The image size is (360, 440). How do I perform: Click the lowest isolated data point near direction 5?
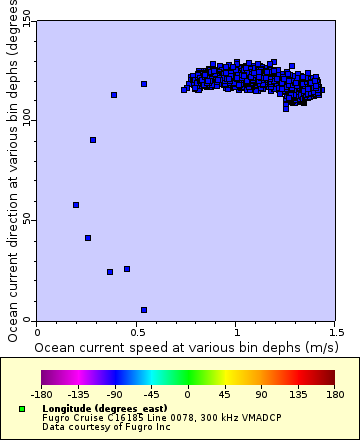tap(144, 310)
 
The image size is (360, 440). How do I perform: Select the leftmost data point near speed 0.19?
tap(76, 205)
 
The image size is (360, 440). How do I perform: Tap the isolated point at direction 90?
tap(93, 140)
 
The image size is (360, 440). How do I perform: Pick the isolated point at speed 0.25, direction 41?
tap(88, 238)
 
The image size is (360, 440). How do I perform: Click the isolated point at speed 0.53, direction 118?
tap(144, 84)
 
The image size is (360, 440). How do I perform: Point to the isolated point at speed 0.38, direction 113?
tap(114, 95)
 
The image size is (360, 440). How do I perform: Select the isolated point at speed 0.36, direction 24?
tap(110, 272)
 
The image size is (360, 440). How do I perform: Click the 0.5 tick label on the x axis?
tap(136, 332)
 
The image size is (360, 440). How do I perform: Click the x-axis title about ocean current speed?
tap(185, 346)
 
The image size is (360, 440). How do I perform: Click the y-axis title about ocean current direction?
tap(11, 170)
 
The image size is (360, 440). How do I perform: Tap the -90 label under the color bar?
tap(115, 394)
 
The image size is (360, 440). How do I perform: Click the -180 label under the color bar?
tap(42, 394)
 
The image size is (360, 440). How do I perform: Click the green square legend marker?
tap(22, 409)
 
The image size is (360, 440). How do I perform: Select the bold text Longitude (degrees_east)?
tap(91, 409)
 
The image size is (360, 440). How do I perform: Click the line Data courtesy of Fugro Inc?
tap(91, 427)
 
